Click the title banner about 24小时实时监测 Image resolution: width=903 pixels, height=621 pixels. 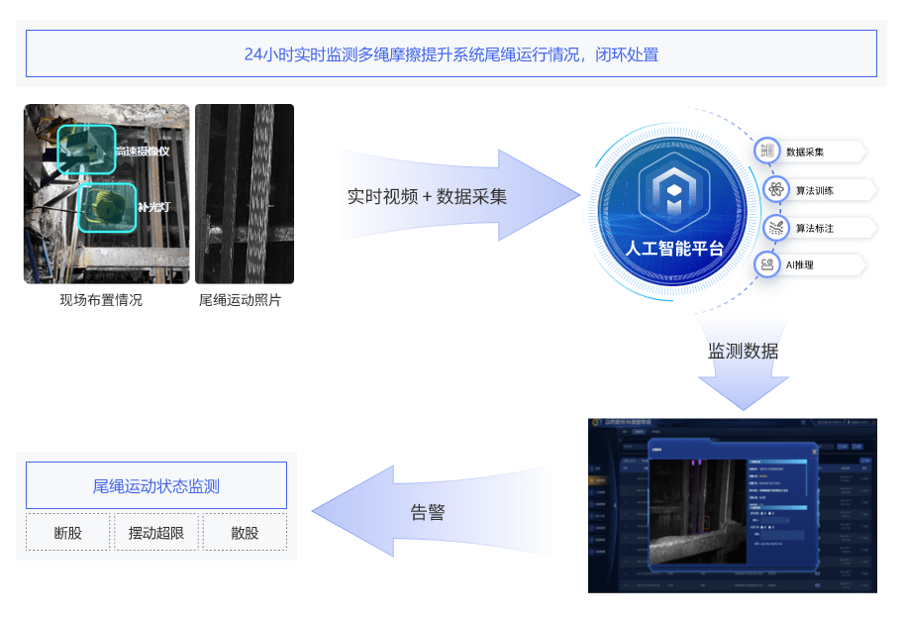(451, 53)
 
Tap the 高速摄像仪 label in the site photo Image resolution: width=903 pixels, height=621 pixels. (142, 152)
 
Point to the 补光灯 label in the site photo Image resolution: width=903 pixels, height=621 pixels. (154, 208)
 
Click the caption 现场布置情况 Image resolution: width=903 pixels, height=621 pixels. (101, 300)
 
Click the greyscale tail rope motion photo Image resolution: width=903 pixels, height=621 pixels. (245, 193)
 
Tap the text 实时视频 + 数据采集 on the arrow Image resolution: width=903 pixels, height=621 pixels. (427, 196)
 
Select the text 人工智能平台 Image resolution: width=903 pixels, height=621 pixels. (675, 248)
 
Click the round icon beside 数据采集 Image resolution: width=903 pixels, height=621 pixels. (767, 151)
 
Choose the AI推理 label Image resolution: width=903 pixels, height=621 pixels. (800, 265)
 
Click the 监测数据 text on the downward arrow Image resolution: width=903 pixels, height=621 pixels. (743, 352)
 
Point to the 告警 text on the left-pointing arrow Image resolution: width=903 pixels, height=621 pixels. (428, 513)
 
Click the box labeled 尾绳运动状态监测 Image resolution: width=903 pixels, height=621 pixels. (156, 485)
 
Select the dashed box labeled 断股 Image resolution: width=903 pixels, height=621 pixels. (68, 532)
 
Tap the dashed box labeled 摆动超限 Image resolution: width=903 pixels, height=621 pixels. (156, 532)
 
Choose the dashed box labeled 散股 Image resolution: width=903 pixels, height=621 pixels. (245, 532)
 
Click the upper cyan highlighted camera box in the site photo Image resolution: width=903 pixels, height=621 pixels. (85, 149)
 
